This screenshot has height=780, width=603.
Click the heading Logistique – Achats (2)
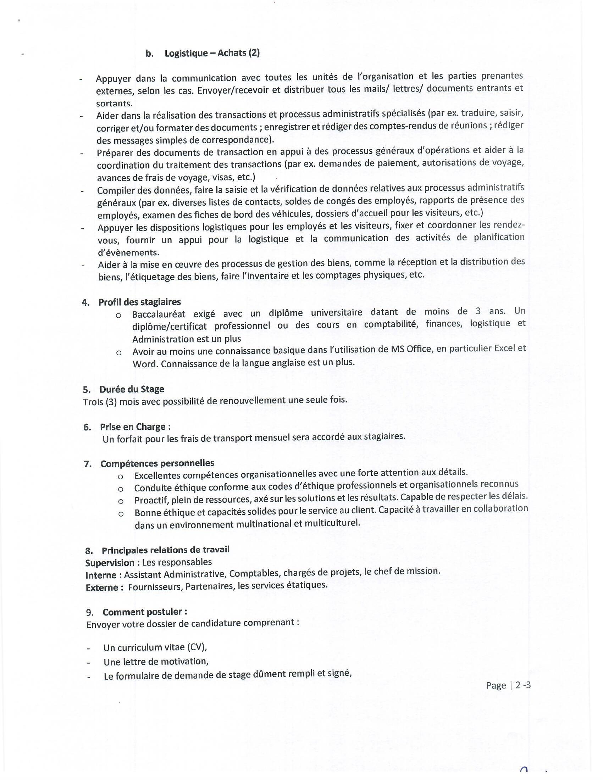tap(212, 53)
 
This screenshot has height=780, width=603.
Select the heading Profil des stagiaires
tap(139, 302)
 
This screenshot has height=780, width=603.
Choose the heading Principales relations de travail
tap(165, 550)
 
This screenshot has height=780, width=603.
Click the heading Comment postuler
tap(144, 612)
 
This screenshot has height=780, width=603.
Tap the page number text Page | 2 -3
tap(508, 685)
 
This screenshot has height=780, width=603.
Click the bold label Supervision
tap(110, 563)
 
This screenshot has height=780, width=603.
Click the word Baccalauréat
tap(159, 314)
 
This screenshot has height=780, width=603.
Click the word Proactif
tap(148, 500)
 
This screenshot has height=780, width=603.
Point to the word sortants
tap(114, 104)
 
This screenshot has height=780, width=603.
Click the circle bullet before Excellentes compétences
tap(120, 477)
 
